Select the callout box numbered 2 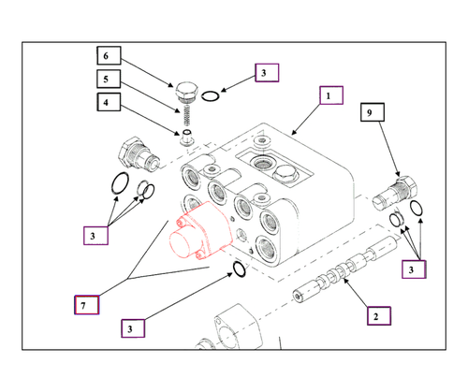point(375,316)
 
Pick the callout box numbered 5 point(110,80)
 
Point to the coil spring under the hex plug point(189,118)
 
